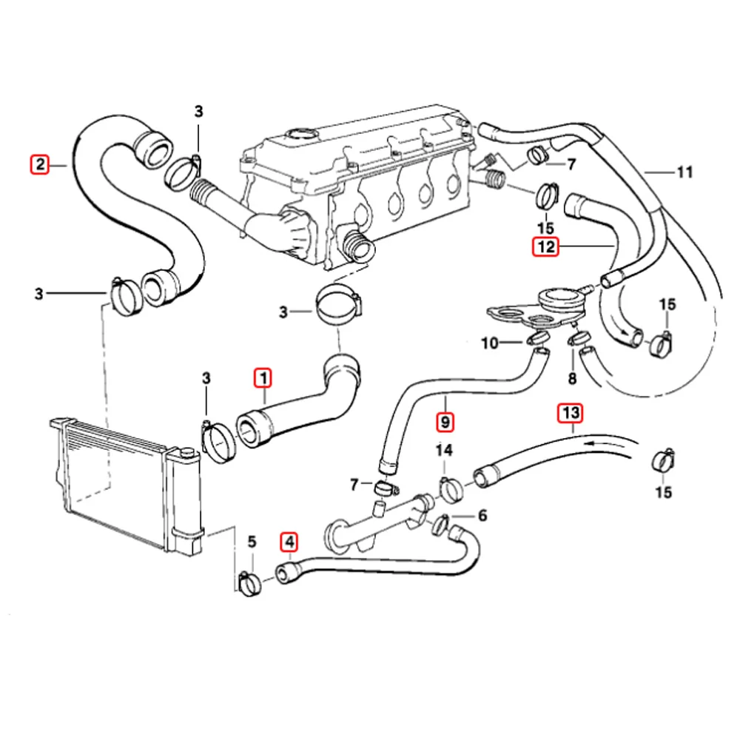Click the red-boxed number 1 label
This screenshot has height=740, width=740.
click(263, 379)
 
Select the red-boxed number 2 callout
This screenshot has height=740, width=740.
click(38, 163)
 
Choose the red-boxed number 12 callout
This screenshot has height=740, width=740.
click(545, 246)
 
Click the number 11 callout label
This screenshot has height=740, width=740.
click(684, 173)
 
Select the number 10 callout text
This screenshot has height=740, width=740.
click(489, 343)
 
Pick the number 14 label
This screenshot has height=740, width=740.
click(443, 450)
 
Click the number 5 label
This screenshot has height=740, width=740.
click(251, 542)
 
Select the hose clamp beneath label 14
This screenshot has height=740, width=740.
click(451, 487)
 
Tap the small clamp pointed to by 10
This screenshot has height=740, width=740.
click(539, 340)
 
